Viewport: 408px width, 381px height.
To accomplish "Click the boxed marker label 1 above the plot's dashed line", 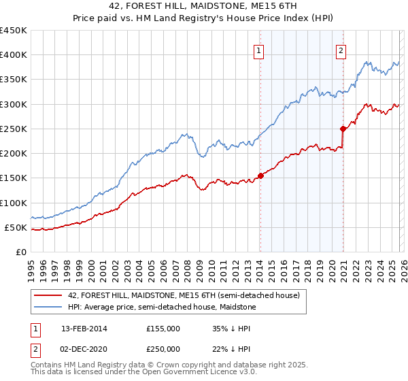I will coord(260,50).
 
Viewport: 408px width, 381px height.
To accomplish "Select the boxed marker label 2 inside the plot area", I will coord(341,50).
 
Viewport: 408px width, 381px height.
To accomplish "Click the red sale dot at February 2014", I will coord(260,176).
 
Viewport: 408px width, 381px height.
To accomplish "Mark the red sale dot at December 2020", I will coord(343,129).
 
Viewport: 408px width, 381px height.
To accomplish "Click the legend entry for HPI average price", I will coord(161,307).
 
